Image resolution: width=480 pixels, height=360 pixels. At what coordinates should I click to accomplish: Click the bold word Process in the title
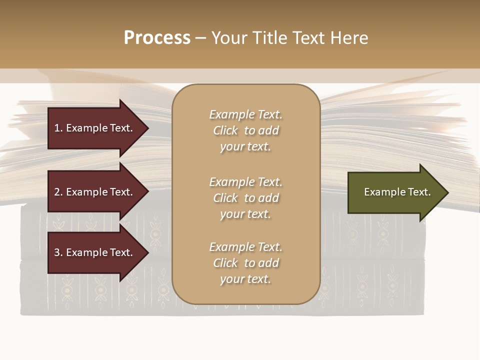pyautogui.click(x=157, y=38)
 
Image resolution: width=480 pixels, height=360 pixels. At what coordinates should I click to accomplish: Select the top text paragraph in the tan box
pyautogui.click(x=246, y=130)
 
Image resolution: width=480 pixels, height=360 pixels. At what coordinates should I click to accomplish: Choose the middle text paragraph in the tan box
pyautogui.click(x=246, y=198)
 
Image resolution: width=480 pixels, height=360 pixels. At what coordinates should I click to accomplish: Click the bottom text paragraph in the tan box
pyautogui.click(x=246, y=263)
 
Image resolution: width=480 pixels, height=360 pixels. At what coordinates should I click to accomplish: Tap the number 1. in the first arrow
pyautogui.click(x=58, y=128)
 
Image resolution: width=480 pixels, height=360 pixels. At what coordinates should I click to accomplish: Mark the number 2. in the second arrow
pyautogui.click(x=58, y=192)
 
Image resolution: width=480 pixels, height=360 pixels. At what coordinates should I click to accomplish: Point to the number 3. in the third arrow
pyautogui.click(x=58, y=252)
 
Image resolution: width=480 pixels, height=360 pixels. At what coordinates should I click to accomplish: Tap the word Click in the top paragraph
pyautogui.click(x=225, y=130)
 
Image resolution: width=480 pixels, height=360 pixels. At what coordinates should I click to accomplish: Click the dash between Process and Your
pyautogui.click(x=200, y=38)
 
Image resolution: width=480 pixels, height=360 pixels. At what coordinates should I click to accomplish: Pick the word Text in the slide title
pyautogui.click(x=308, y=38)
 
